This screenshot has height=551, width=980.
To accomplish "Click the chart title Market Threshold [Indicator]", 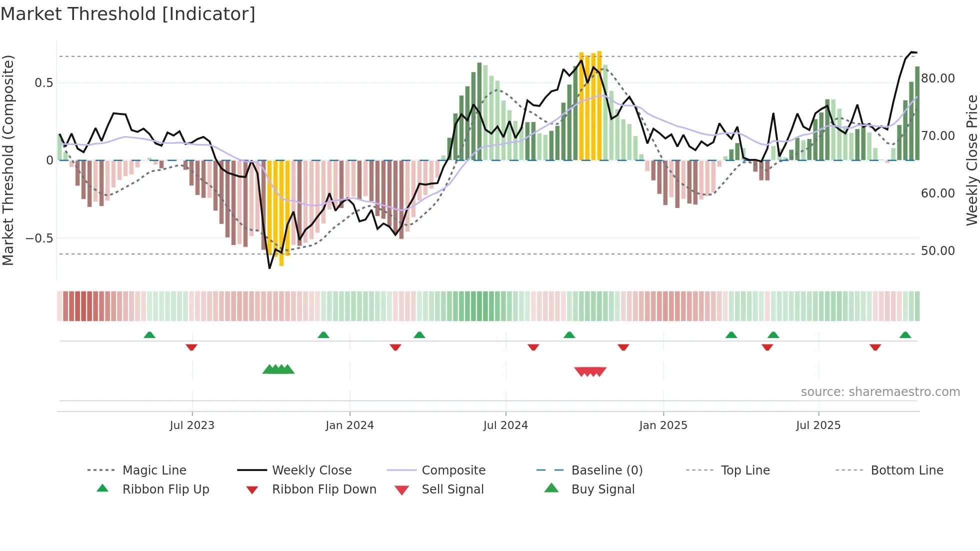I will tap(128, 14).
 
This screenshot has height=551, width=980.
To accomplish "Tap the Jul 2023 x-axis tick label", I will tap(192, 425).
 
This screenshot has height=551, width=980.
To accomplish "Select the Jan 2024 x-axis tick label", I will tap(349, 425).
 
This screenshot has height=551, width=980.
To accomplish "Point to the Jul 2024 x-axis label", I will tap(505, 425).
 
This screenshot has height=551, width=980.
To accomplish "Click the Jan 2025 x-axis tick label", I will tap(663, 425).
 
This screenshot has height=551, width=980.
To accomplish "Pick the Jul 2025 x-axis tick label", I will tap(818, 425).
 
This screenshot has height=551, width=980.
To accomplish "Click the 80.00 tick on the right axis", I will tap(937, 78).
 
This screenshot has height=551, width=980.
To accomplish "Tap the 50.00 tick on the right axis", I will tap(937, 251).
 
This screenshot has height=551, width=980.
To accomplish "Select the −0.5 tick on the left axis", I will tap(39, 238).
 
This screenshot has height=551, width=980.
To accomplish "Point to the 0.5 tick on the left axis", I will tap(43, 83).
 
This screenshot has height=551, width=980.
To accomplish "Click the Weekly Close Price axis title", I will tap(971, 160).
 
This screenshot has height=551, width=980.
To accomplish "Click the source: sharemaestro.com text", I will tap(880, 392).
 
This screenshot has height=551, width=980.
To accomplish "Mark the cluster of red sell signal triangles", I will tap(590, 371).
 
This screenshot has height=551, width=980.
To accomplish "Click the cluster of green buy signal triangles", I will tap(278, 369).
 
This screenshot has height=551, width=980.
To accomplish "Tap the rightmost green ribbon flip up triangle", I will tap(905, 335).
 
